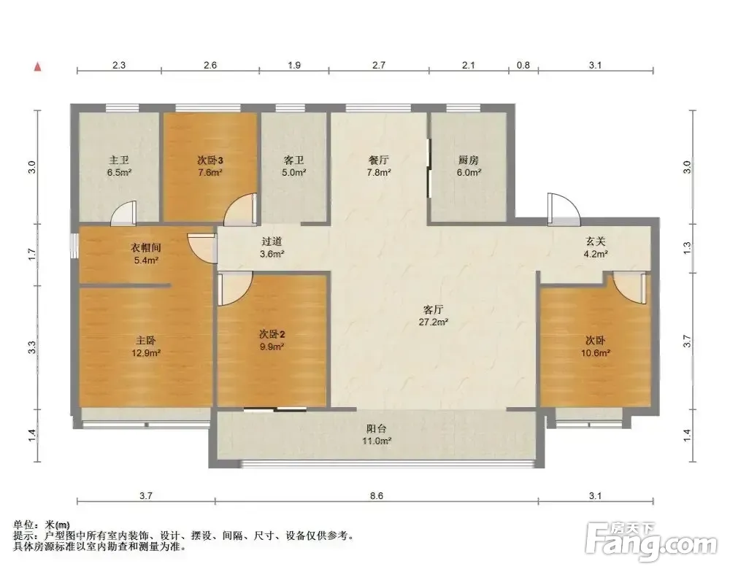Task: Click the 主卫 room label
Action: [119, 161]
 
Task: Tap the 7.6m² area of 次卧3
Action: [210, 173]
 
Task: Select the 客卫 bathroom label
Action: [293, 161]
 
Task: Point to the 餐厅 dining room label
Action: [378, 161]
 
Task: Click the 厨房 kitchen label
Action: [469, 161]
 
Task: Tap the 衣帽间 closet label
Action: [146, 247]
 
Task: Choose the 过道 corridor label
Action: [272, 241]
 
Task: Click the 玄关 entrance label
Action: [596, 241]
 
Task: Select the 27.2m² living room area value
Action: [434, 322]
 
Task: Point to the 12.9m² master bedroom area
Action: [146, 353]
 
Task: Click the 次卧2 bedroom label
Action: [272, 334]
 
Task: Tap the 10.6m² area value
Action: [596, 353]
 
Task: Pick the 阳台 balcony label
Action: [376, 429]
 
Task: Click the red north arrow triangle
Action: [38, 67]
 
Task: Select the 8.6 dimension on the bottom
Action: [377, 495]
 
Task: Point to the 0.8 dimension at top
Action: [523, 65]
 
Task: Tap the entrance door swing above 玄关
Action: [564, 209]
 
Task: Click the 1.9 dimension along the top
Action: [294, 65]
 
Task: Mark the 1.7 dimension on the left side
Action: [31, 254]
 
